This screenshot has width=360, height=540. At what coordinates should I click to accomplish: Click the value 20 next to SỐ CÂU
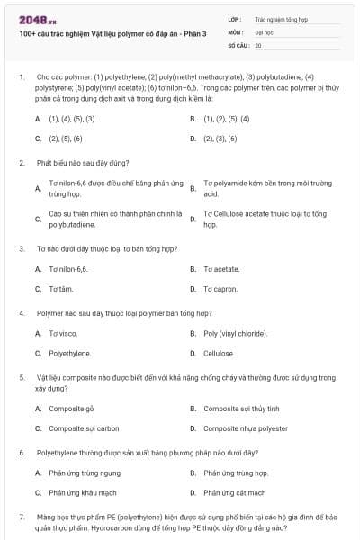click(258, 44)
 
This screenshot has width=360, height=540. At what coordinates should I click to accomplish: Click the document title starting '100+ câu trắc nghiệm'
click(112, 33)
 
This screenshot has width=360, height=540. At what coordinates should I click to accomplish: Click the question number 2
click(21, 163)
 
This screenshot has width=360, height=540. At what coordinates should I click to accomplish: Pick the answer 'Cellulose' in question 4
click(218, 354)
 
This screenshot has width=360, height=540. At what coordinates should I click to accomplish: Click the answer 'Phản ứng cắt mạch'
click(234, 493)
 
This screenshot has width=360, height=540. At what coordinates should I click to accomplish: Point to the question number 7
click(21, 517)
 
